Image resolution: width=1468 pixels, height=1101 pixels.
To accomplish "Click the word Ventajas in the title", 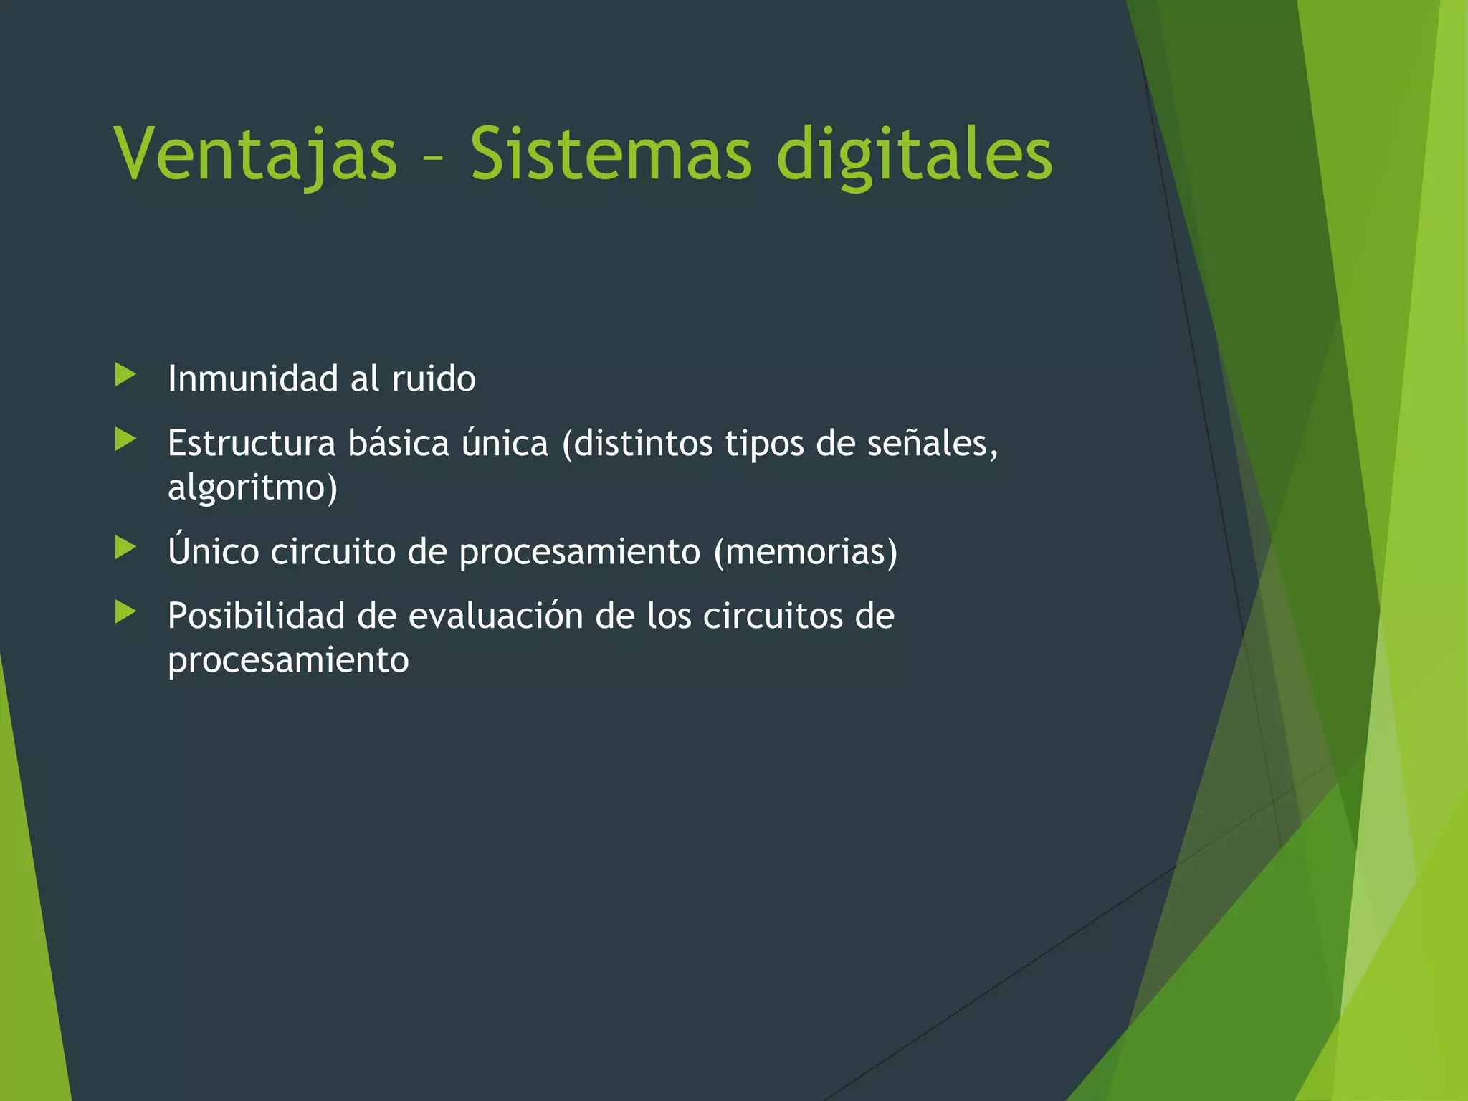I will [255, 154].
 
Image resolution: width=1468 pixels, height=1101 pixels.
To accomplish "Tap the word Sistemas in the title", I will [611, 154].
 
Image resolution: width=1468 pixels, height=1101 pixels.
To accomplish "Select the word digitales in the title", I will [915, 154].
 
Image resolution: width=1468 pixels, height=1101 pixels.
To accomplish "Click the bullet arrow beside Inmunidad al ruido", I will [125, 374].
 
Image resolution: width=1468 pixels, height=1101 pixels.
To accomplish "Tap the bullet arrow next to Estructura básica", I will [125, 439].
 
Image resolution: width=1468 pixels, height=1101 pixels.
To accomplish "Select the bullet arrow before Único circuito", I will [125, 548].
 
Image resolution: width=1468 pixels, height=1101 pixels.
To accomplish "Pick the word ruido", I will [434, 378].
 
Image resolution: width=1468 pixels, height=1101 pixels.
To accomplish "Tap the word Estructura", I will [252, 443].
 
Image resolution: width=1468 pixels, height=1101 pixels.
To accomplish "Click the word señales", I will [932, 443].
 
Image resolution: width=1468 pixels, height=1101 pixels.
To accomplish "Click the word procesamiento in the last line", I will [288, 661].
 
